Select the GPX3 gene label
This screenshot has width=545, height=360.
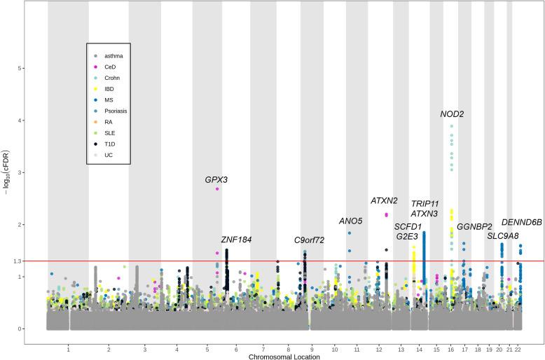pos(216,179)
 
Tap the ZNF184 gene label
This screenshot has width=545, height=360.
pos(236,240)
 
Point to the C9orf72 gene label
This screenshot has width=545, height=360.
pos(309,240)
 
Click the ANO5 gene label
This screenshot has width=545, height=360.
pos(350,221)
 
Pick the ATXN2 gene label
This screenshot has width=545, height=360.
pos(384,200)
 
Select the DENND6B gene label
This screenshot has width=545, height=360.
pos(522,222)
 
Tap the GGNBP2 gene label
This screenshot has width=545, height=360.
pos(474,227)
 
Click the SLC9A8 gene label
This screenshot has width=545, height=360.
pos(503,236)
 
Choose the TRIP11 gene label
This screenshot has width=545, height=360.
pos(425,203)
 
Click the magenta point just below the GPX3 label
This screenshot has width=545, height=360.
pos(217,189)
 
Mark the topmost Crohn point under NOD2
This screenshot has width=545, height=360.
pos(452,126)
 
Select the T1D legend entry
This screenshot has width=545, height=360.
pos(109,144)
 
